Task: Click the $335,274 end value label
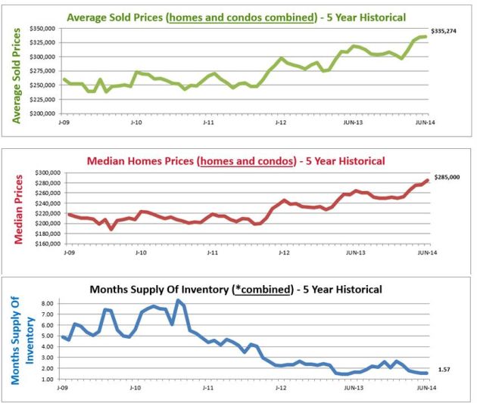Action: tap(445, 31)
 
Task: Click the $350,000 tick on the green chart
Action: tap(42, 26)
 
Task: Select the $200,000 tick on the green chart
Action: tap(42, 113)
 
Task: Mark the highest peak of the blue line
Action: tap(178, 300)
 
